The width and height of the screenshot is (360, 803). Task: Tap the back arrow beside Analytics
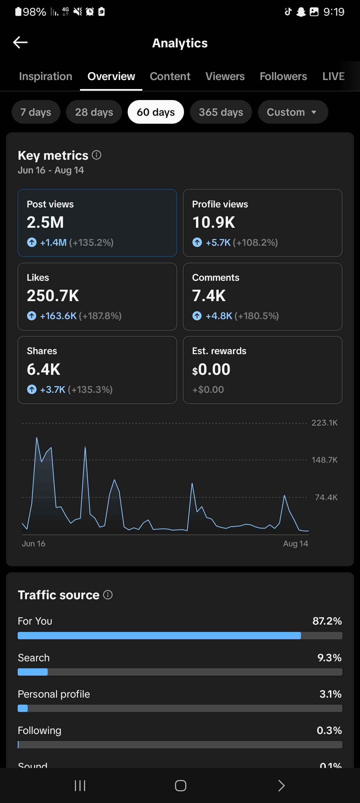(x=20, y=42)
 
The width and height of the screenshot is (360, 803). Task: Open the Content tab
(x=170, y=76)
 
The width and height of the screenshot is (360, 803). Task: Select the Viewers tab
(x=225, y=76)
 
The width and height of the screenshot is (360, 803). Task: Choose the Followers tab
(x=283, y=76)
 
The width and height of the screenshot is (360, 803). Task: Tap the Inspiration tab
(x=46, y=76)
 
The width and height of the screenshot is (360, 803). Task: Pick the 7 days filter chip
(x=36, y=112)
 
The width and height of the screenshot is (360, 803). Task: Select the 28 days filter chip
(x=94, y=112)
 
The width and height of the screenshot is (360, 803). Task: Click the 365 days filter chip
(x=221, y=112)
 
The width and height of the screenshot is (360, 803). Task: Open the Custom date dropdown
(x=293, y=112)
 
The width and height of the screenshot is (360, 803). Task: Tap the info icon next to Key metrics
(x=97, y=155)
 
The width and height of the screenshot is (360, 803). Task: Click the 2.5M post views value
(x=45, y=222)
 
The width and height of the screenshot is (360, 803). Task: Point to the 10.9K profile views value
(x=214, y=222)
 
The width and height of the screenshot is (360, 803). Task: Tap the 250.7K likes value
(x=53, y=296)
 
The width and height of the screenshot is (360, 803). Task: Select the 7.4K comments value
(x=209, y=296)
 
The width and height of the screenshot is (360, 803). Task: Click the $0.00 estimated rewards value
(x=211, y=369)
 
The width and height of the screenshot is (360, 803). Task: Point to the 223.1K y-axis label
(x=325, y=423)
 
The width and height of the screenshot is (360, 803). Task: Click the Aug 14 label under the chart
(x=296, y=544)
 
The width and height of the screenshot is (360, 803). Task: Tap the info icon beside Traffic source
(x=108, y=595)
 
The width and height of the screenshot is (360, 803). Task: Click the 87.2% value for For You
(x=327, y=621)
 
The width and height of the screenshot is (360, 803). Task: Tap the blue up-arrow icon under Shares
(x=32, y=389)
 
